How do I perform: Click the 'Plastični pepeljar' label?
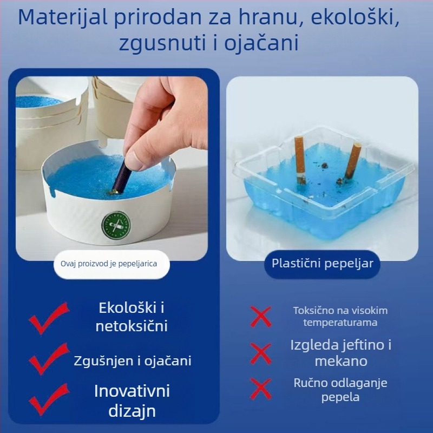(322, 264)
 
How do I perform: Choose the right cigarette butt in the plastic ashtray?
(352, 160)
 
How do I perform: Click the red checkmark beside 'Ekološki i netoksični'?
(48, 318)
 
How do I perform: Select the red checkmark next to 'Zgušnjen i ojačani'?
(48, 358)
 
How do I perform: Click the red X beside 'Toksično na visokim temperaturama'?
(261, 317)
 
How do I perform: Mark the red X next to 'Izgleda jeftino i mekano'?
(261, 353)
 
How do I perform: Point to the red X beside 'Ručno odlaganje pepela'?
(261, 389)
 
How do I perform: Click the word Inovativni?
(132, 391)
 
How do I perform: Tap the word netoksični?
(132, 326)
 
